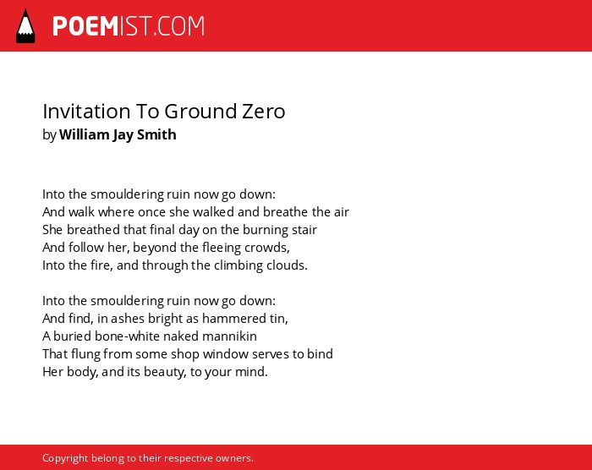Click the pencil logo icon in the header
(x=25, y=26)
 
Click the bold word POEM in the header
(x=85, y=26)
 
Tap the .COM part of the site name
(x=178, y=26)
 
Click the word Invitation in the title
(x=86, y=112)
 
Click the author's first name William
(x=84, y=134)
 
